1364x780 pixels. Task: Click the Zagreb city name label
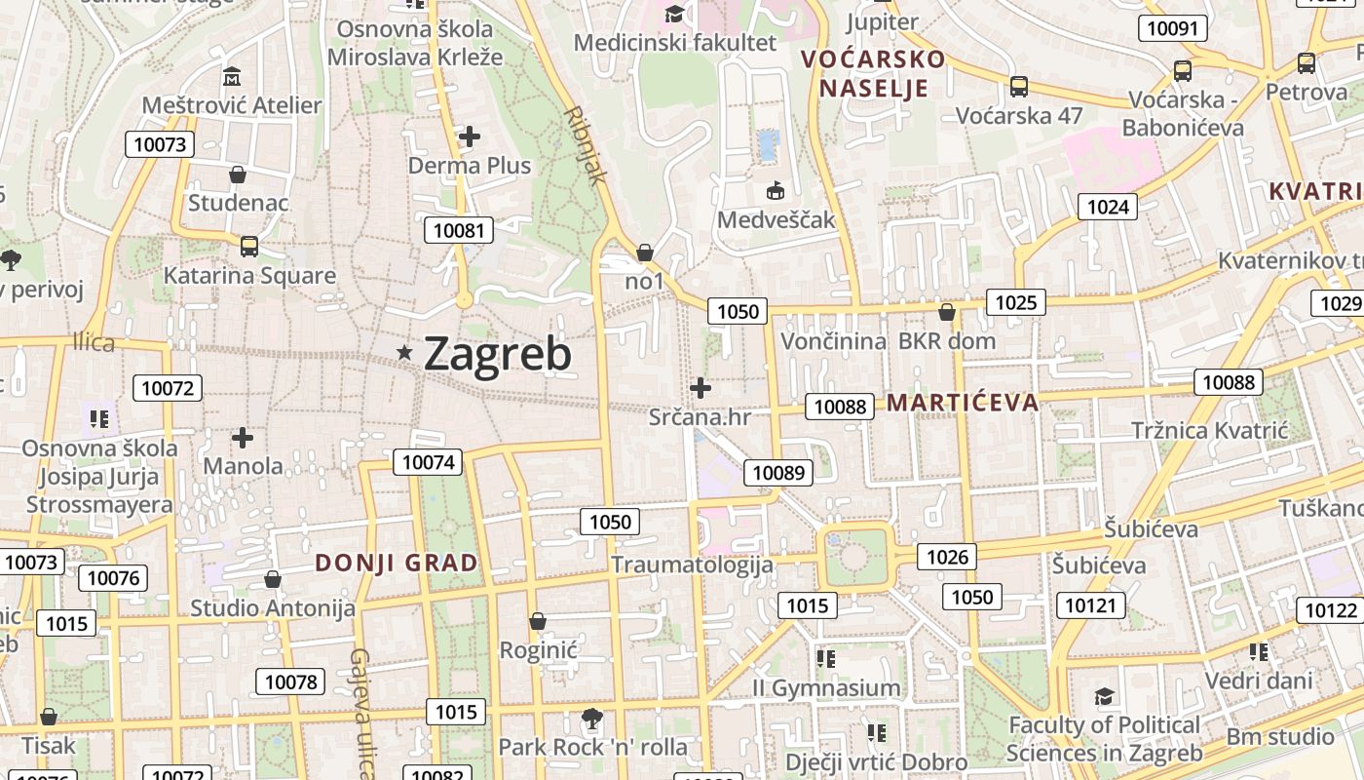click(498, 353)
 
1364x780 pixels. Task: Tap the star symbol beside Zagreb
click(404, 352)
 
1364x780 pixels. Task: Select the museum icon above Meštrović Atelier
click(232, 77)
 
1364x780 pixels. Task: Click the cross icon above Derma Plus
click(470, 136)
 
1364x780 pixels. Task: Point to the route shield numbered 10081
click(458, 230)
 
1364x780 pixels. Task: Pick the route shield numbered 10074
click(428, 462)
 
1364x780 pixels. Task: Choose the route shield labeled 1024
click(1108, 207)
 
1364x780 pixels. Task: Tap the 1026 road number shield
click(947, 557)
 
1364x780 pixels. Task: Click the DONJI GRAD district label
click(397, 563)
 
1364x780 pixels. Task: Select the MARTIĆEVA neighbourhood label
click(963, 403)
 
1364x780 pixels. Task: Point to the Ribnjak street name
click(586, 145)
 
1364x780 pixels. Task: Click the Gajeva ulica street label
click(361, 712)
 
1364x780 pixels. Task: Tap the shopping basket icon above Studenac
click(237, 175)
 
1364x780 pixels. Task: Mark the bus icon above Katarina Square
click(249, 247)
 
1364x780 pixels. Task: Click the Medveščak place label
click(777, 219)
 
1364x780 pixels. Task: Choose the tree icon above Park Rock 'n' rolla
click(591, 720)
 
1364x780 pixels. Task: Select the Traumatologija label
click(692, 565)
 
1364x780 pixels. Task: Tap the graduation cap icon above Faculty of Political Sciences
click(1104, 696)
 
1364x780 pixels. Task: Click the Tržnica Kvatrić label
click(1209, 430)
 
